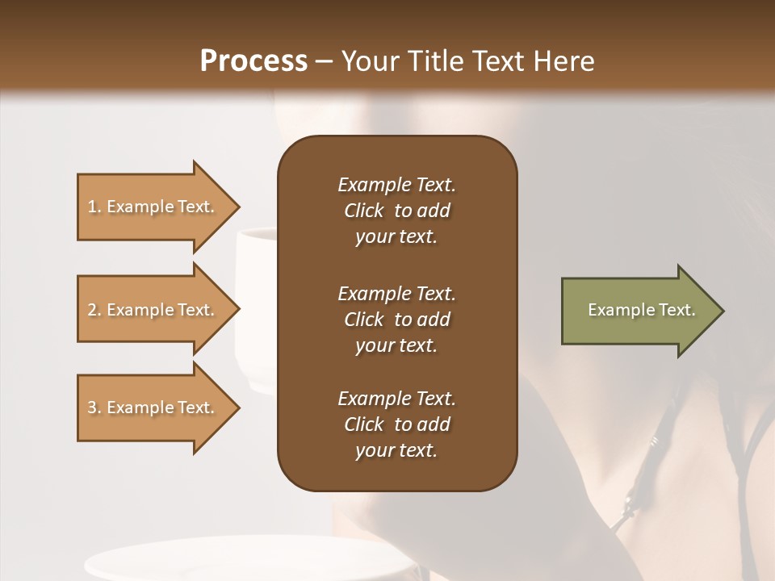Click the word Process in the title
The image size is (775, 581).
[x=253, y=61]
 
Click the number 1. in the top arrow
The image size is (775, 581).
[x=94, y=207]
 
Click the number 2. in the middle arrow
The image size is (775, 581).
[x=94, y=310]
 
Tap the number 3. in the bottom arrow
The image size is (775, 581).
[x=94, y=408]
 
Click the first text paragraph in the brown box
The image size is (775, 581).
[x=396, y=211]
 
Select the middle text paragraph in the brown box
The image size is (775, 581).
[x=396, y=320]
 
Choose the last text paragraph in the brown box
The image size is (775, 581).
[x=396, y=424]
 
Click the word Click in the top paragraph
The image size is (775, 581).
[x=364, y=211]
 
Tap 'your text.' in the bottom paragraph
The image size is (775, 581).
[x=396, y=450]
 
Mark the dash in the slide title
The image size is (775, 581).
[x=324, y=61]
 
